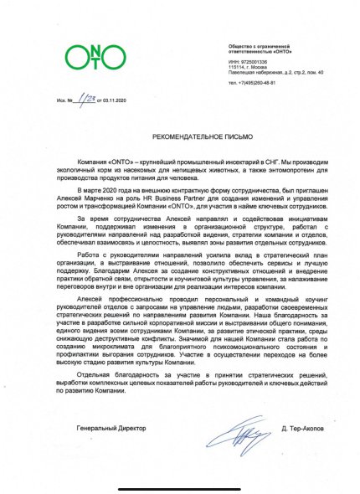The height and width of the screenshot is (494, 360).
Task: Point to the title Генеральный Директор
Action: (107, 428)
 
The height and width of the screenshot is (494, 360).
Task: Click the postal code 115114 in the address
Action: (239, 67)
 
